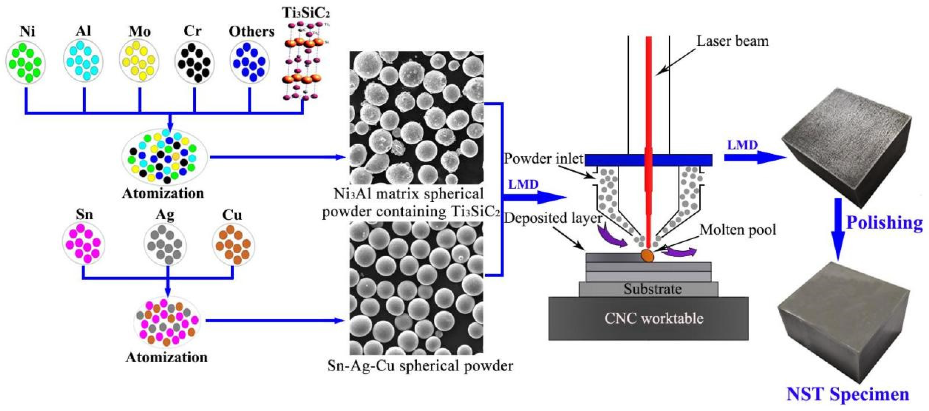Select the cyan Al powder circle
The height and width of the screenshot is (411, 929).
[x=83, y=61]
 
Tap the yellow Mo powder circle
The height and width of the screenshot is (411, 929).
[x=139, y=61]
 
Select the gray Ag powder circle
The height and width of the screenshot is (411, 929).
[x=165, y=244]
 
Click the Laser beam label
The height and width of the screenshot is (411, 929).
[x=732, y=41]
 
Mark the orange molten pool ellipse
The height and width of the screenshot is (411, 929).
[x=647, y=255]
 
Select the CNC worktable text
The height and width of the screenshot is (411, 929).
[x=654, y=318]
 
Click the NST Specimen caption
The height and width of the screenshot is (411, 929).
[x=847, y=394]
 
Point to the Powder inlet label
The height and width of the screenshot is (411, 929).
[x=543, y=159]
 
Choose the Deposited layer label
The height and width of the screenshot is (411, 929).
[x=552, y=218]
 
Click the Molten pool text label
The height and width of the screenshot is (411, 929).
[x=738, y=230]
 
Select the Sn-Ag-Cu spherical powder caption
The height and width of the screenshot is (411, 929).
[x=420, y=366]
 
